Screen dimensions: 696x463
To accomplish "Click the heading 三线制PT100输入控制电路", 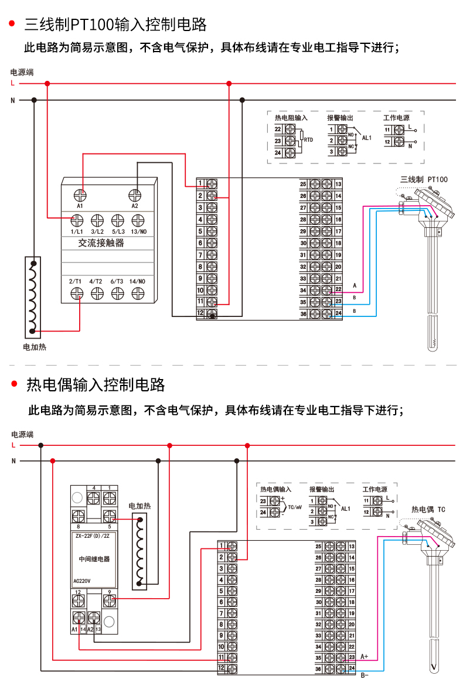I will tap(115, 25).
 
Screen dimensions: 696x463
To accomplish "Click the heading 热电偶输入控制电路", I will tap(96, 385).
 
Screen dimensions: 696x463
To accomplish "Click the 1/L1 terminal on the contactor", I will tap(76, 220).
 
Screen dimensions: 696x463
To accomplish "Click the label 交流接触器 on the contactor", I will tap(101, 243).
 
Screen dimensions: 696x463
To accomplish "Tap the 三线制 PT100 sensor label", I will tap(423, 179).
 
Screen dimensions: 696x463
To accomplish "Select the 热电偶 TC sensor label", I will tap(428, 509).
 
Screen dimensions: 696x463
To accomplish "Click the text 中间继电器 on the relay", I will tap(94, 559).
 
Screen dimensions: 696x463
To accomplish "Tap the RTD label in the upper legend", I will tap(308, 140).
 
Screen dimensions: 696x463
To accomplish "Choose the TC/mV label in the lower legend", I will tap(295, 506).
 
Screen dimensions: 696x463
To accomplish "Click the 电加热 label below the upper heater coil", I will tap(34, 347).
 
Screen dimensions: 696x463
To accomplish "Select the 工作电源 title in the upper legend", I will tap(396, 118).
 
